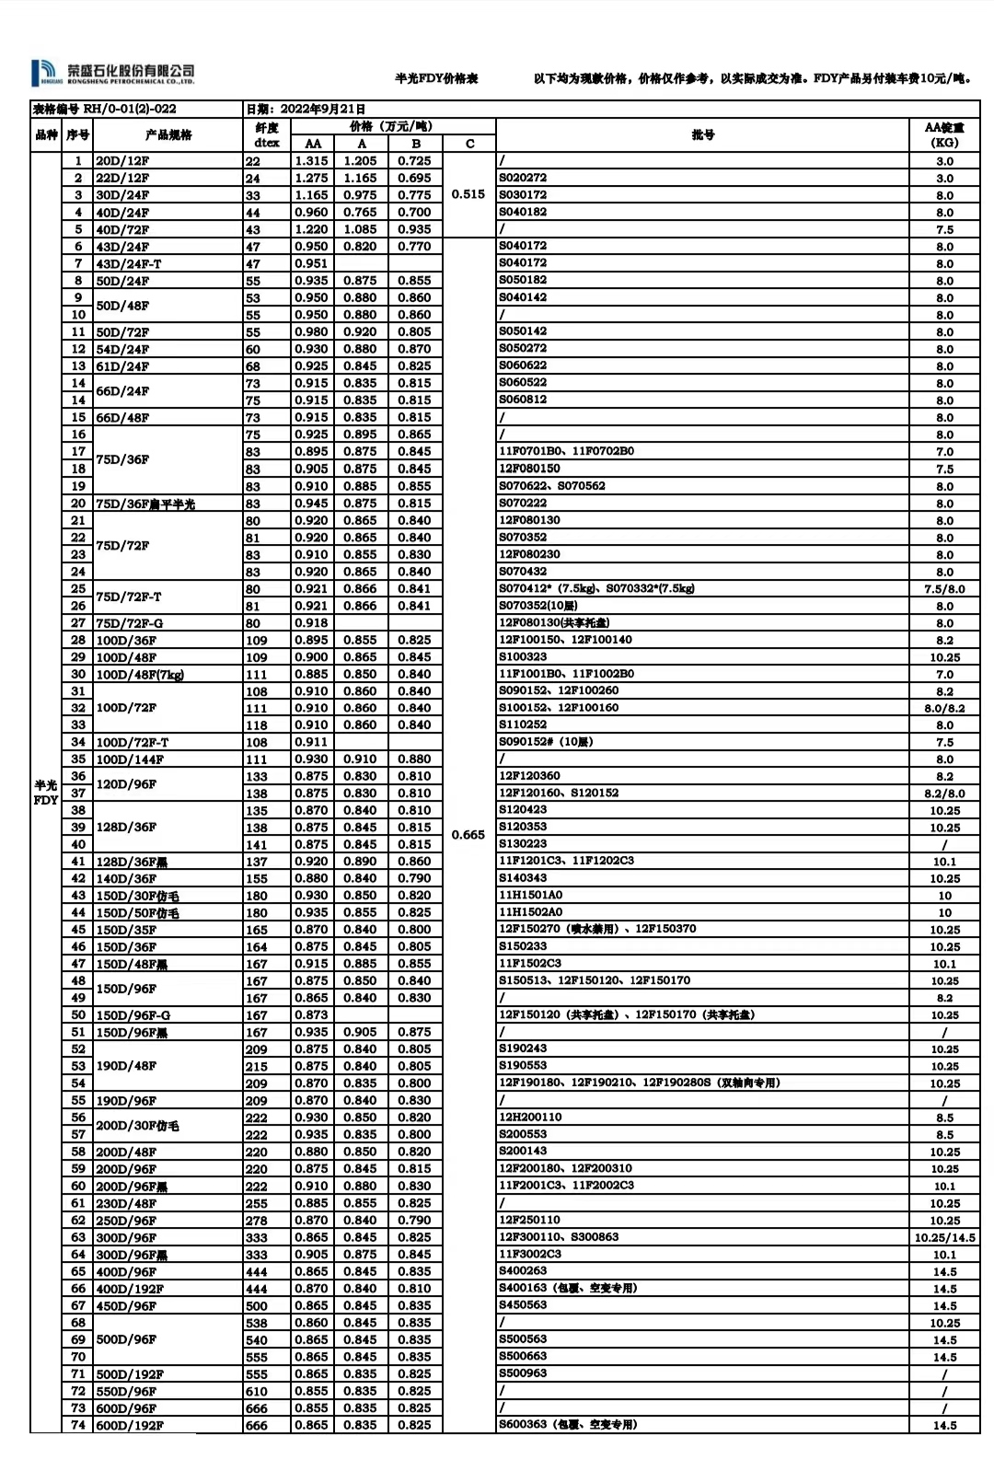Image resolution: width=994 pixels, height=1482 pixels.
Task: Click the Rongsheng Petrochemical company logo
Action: tap(112, 74)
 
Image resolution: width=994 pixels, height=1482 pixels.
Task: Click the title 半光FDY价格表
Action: tap(436, 79)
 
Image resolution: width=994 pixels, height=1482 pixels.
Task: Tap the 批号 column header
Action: tap(702, 134)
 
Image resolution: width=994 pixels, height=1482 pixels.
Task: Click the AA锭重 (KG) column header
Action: tap(944, 134)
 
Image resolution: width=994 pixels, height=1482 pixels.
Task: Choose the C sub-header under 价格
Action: tap(469, 144)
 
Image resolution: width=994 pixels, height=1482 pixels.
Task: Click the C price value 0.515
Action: tap(468, 194)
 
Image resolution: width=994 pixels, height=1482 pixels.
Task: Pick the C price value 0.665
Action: tap(468, 835)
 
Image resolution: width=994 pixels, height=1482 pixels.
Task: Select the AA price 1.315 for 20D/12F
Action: tap(312, 161)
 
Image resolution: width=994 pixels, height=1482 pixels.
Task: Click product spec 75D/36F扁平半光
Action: tap(145, 504)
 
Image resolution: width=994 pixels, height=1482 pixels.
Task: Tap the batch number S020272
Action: tap(523, 178)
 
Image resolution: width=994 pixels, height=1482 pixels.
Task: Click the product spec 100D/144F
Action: tap(130, 759)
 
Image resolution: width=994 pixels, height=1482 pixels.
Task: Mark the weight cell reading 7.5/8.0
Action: tap(944, 589)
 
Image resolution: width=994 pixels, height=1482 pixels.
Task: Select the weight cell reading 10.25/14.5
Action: tap(944, 1238)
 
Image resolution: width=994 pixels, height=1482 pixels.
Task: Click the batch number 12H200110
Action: tap(530, 1117)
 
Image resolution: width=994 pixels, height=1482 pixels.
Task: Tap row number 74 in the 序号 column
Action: tap(78, 1425)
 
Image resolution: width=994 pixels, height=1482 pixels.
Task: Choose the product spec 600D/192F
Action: tap(130, 1425)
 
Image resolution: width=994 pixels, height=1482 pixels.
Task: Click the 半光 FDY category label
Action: tap(45, 793)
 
